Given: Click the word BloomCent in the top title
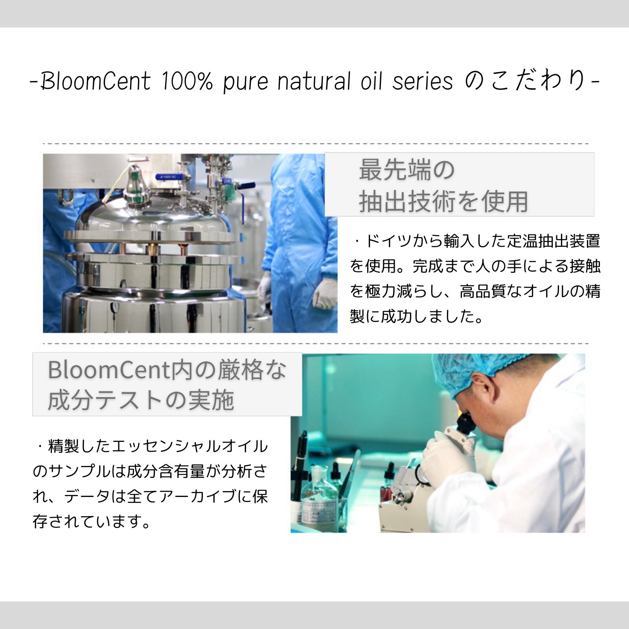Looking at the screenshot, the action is click(96, 81).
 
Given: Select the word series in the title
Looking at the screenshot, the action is click(423, 82).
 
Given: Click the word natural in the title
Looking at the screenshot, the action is click(314, 81).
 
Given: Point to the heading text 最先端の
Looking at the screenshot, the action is click(407, 170).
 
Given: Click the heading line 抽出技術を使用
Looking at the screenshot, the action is click(443, 201).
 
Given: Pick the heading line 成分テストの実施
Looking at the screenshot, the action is click(141, 401).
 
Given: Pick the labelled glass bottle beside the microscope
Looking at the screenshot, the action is click(319, 499).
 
